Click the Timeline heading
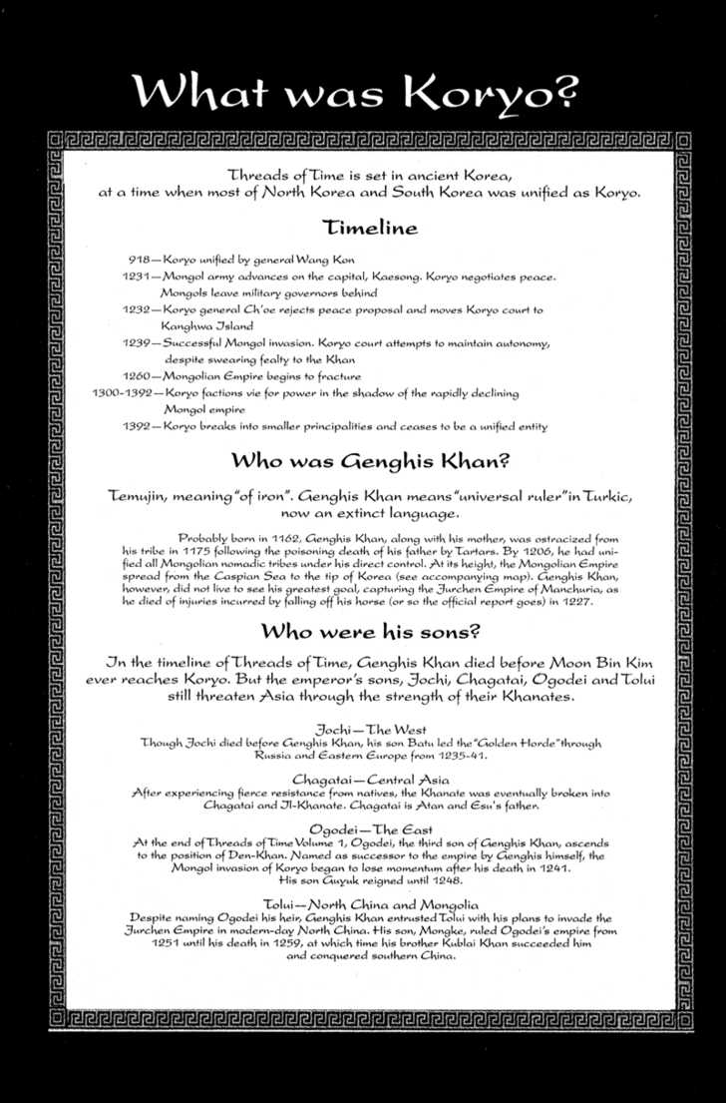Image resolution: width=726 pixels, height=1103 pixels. click(370, 227)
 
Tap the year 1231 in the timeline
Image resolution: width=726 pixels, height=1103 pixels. click(138, 276)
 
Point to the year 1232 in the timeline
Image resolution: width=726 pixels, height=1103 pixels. click(138, 309)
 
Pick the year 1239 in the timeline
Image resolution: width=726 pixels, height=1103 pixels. click(138, 342)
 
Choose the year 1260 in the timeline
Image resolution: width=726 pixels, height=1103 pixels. click(138, 376)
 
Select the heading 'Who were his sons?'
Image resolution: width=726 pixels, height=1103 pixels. click(370, 632)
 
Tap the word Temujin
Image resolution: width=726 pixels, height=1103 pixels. click(144, 496)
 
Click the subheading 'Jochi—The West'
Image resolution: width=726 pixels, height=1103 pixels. click(370, 730)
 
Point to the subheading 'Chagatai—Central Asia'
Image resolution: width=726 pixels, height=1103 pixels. click(370, 779)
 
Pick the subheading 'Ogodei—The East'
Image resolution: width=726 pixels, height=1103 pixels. click(370, 827)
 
